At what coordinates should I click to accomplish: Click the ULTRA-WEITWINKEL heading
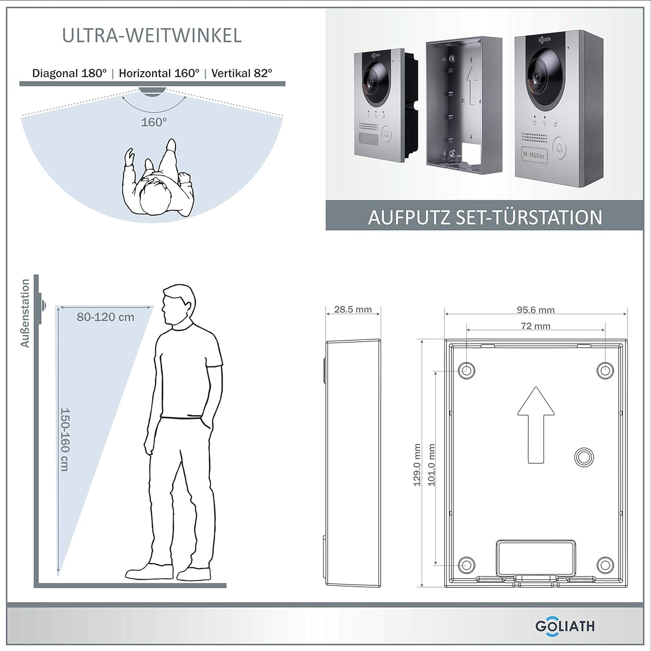[x=152, y=36]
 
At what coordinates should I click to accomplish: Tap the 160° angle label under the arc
[x=154, y=122]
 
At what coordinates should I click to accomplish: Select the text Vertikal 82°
[x=242, y=73]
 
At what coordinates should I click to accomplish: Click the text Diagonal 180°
[x=69, y=73]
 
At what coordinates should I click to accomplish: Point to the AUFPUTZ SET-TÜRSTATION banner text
[x=485, y=217]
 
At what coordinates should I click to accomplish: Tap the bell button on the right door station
[x=560, y=148]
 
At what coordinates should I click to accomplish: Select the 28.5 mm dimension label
[x=353, y=309]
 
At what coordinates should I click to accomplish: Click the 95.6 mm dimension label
[x=536, y=310]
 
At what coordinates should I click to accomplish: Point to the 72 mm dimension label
[x=536, y=326]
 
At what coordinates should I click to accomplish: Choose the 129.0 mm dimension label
[x=417, y=465]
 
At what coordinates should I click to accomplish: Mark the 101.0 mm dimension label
[x=431, y=465]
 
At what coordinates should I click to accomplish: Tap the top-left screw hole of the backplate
[x=467, y=370]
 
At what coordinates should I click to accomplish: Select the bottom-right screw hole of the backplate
[x=605, y=565]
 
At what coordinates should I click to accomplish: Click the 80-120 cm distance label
[x=105, y=317]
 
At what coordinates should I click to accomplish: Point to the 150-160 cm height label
[x=65, y=439]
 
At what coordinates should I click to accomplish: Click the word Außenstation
[x=25, y=313]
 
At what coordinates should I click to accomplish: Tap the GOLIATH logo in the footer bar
[x=565, y=626]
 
